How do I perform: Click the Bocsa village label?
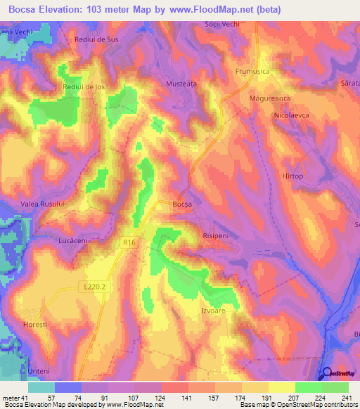pos(182,204)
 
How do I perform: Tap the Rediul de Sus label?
pos(96,39)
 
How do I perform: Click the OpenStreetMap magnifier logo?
pos(328,373)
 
